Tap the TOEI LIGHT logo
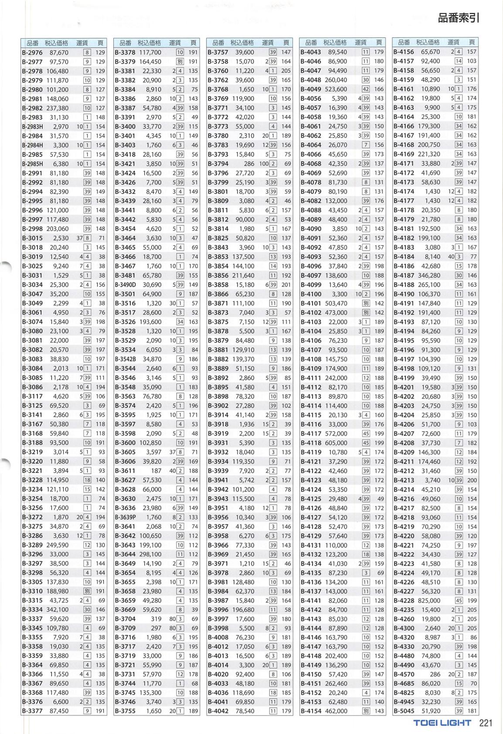[x=442, y=723]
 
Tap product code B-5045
[x=404, y=711]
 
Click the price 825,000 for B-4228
[x=429, y=601]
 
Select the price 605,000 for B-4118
[x=336, y=443]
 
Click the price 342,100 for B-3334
[x=58, y=610]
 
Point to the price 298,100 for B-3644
[x=150, y=554]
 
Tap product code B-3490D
[x=126, y=284]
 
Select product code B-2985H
[x=32, y=164]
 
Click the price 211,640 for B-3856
[x=243, y=275]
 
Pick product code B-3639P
[x=126, y=517]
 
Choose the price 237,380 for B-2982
[x=58, y=108]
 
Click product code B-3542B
[x=126, y=359]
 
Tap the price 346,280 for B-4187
[x=429, y=275]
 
